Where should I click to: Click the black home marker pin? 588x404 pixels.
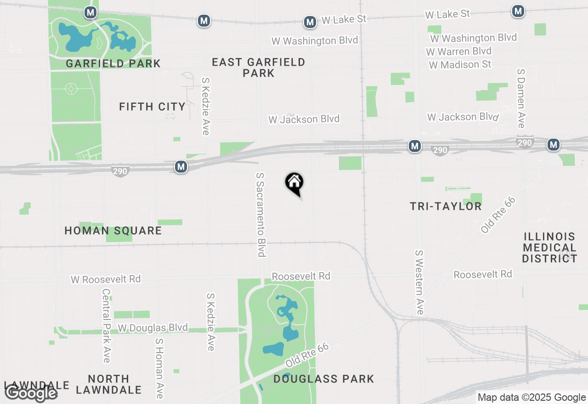(x=294, y=183)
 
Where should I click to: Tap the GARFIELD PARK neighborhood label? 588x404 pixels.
(x=113, y=63)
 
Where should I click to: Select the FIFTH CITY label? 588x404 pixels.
(x=152, y=107)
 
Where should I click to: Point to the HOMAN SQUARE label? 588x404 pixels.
(x=113, y=230)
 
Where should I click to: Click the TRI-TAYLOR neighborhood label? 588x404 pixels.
(x=446, y=207)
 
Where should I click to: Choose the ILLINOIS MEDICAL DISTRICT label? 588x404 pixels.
(x=549, y=247)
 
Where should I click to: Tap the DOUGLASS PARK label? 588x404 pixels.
(x=323, y=379)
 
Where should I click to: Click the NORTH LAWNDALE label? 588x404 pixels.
(x=108, y=384)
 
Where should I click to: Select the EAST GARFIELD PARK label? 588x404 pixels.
(x=259, y=67)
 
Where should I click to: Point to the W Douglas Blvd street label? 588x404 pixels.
(x=153, y=328)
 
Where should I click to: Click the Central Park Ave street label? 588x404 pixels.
(x=106, y=325)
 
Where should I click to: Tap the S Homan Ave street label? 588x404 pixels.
(x=159, y=368)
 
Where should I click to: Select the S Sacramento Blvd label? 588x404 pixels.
(x=261, y=214)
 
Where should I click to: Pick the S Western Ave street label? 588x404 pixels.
(x=419, y=282)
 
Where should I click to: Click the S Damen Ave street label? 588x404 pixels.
(x=520, y=98)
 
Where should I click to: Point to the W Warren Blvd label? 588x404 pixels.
(x=458, y=51)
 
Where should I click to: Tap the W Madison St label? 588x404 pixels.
(x=460, y=65)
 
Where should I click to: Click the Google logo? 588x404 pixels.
(x=31, y=393)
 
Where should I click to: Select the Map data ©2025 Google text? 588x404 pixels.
(x=531, y=397)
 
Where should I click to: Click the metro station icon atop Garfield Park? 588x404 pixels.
(x=90, y=12)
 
